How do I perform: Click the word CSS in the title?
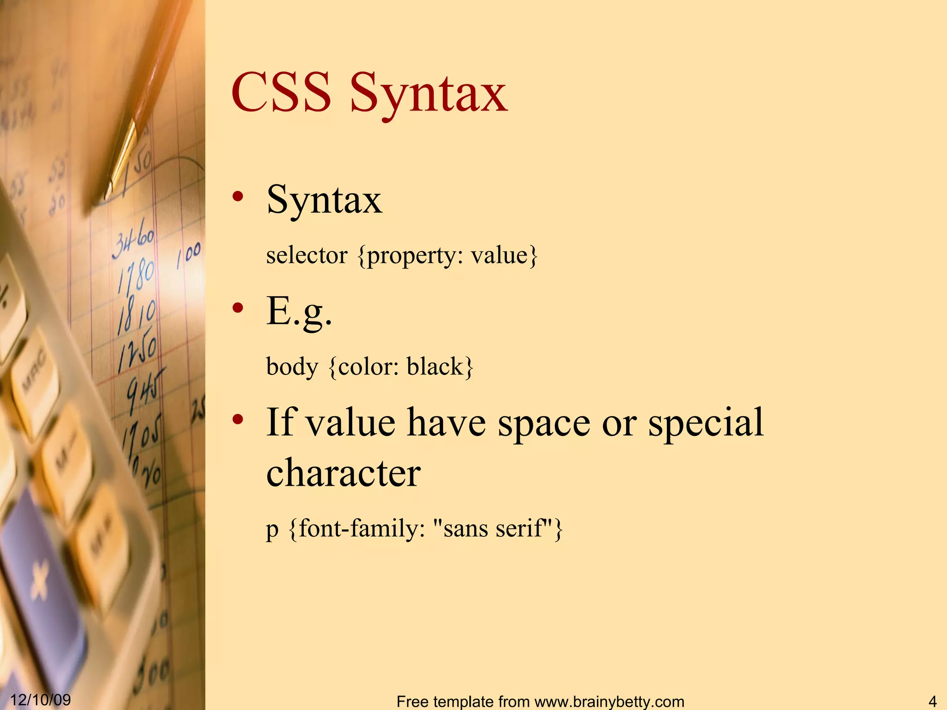[x=281, y=92]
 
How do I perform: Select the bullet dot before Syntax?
[x=238, y=196]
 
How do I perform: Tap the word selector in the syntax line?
[x=307, y=255]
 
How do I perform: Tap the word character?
[x=344, y=473]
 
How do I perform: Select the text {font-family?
[x=357, y=528]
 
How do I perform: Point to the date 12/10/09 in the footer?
[x=41, y=699]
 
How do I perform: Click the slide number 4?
[x=932, y=701]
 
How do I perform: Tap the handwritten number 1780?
[x=136, y=276]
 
